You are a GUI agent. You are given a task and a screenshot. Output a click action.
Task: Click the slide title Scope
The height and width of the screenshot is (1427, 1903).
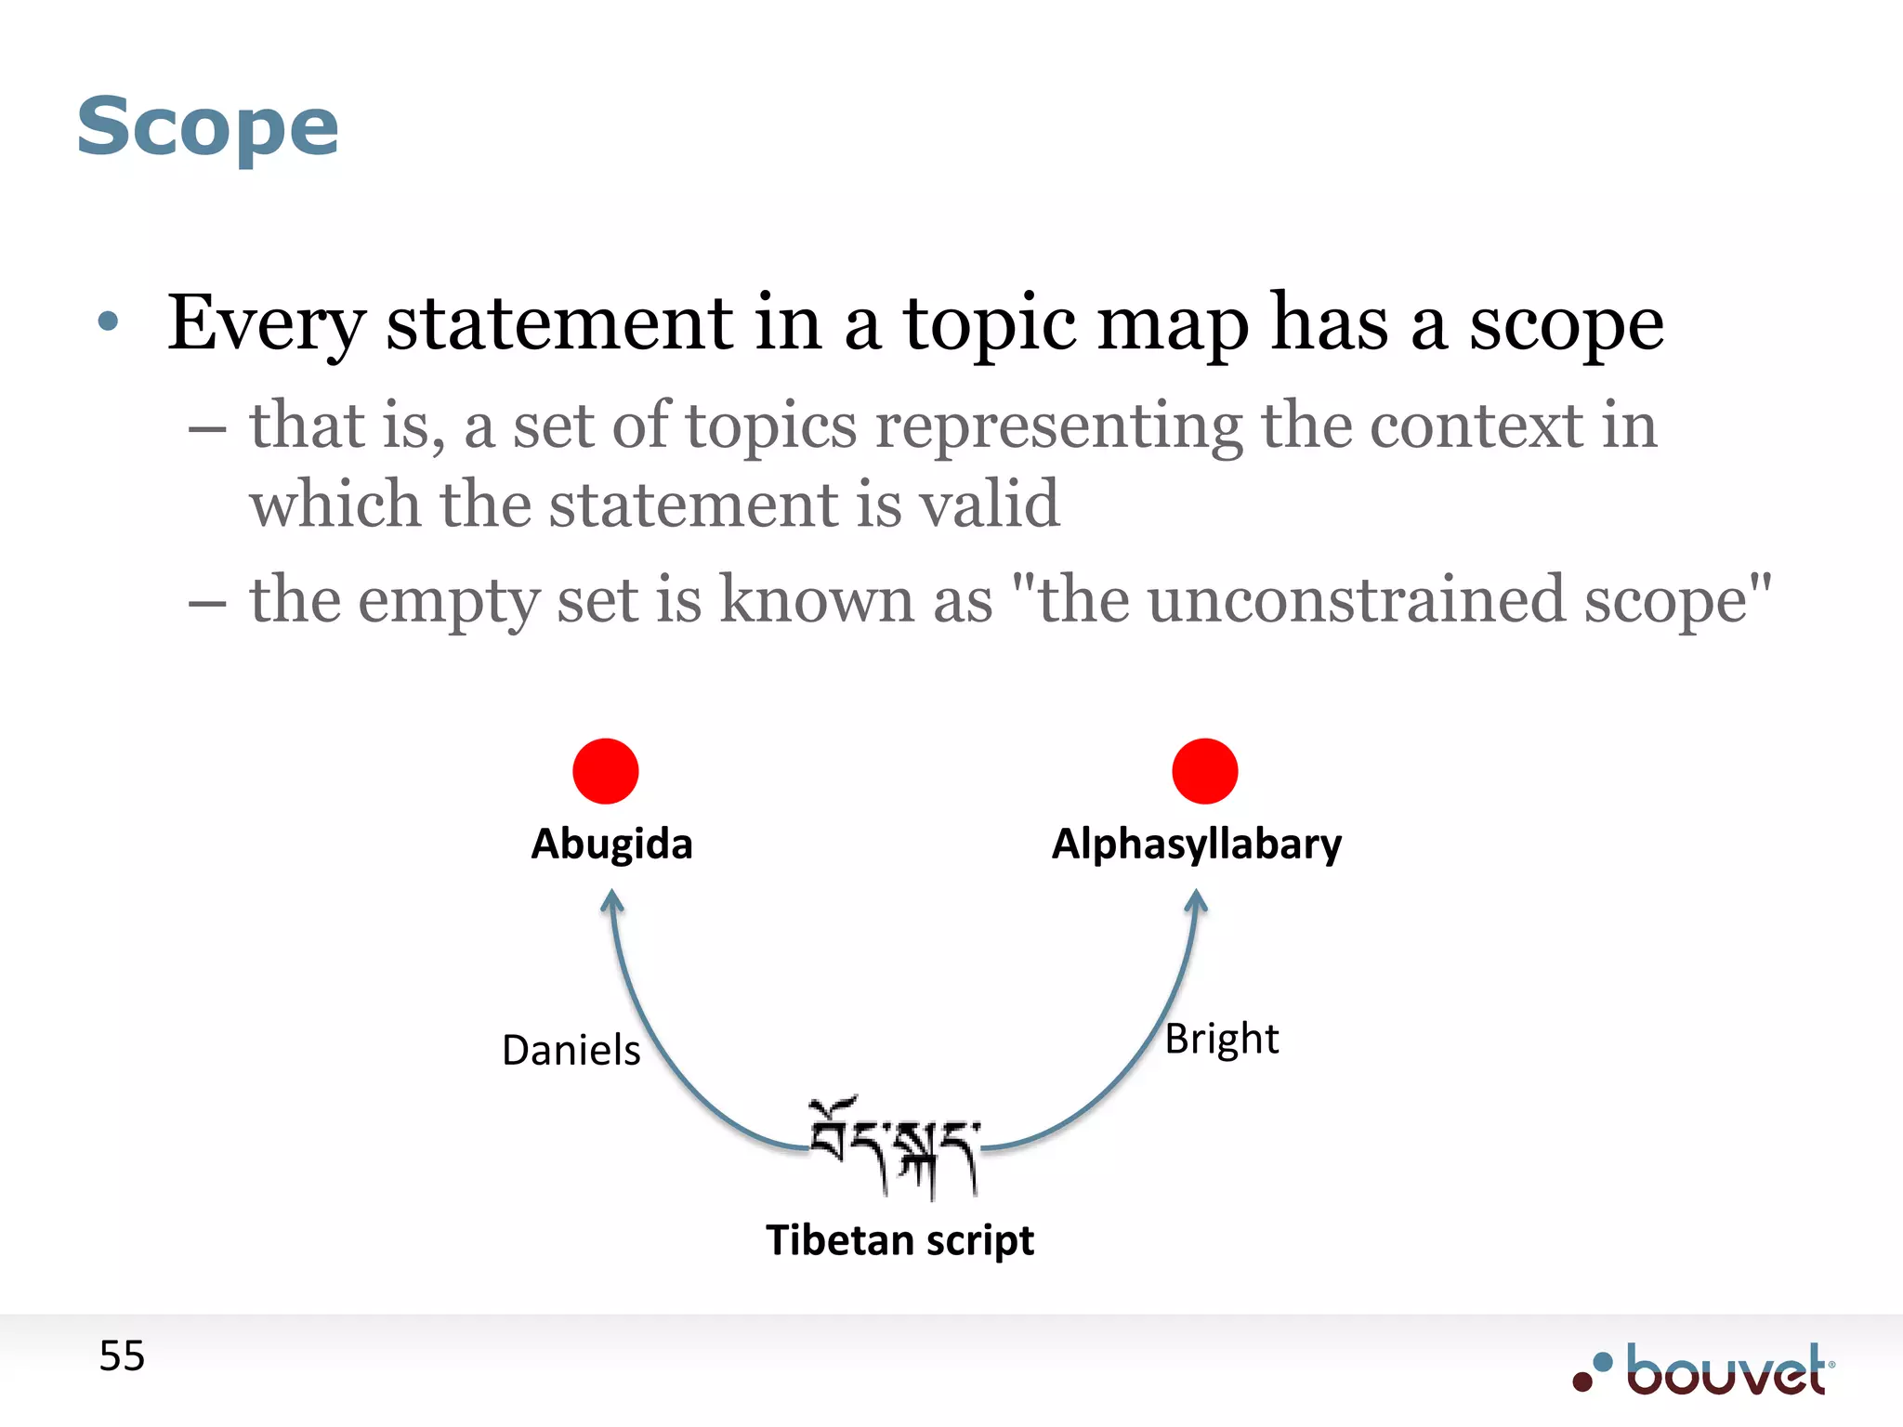[207, 127]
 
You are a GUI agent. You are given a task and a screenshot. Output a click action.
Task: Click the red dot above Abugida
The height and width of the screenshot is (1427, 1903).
[606, 771]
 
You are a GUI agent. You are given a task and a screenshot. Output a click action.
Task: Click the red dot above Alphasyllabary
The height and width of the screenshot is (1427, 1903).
[1204, 771]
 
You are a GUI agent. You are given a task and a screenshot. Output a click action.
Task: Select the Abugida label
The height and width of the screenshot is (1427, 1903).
[611, 844]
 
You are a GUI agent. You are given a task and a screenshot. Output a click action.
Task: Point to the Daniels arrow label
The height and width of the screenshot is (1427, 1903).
[571, 1051]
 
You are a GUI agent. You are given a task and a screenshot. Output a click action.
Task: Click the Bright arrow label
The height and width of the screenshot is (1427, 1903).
[1221, 1039]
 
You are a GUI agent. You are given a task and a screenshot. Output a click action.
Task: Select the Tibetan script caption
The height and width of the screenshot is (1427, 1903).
[899, 1241]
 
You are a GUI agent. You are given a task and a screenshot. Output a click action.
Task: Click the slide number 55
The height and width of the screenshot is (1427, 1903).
[122, 1356]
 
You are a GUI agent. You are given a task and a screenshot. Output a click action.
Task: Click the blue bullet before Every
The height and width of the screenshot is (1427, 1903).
[109, 321]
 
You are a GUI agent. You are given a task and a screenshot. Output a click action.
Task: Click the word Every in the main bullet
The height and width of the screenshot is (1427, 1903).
[265, 323]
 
